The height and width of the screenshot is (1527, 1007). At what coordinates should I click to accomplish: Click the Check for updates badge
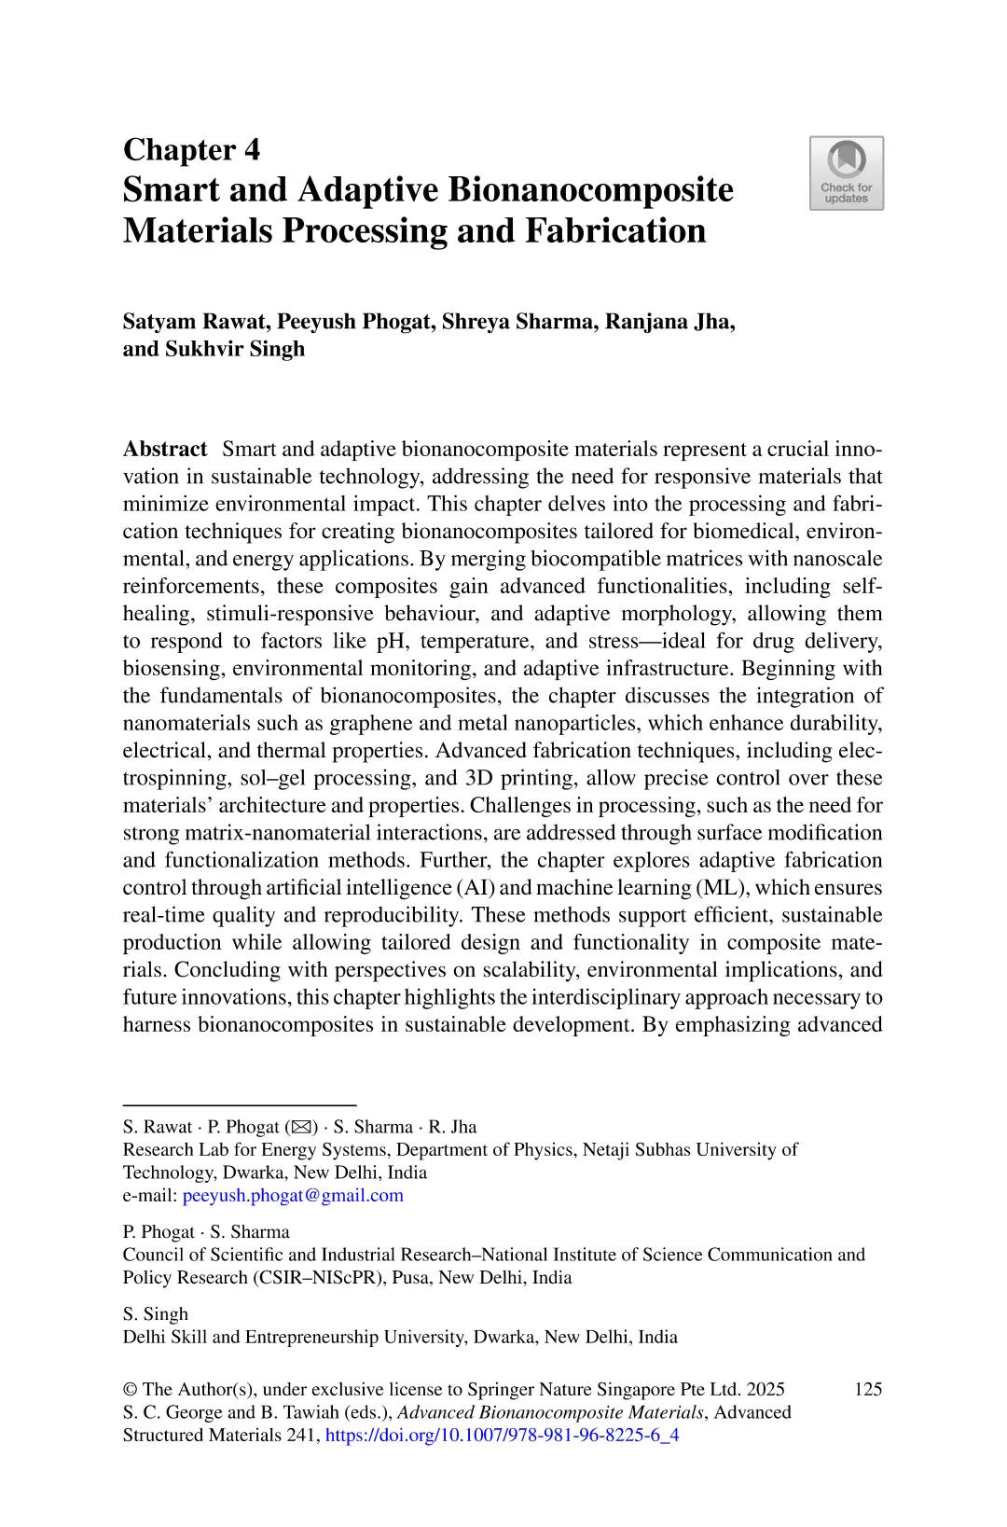846,174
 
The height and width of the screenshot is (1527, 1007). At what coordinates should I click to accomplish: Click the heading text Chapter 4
191,149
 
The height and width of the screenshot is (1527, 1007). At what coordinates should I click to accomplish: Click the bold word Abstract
165,450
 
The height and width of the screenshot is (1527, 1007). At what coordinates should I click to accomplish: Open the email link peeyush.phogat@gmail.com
293,1196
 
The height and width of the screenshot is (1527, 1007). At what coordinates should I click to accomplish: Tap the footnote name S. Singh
156,1314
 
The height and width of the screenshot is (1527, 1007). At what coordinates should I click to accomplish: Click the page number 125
867,1389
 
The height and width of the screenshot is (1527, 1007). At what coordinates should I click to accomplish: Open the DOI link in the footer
502,1436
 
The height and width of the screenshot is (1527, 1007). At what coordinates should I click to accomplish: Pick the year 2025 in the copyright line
765,1389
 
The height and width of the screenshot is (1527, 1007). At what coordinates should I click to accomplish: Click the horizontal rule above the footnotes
240,1104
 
